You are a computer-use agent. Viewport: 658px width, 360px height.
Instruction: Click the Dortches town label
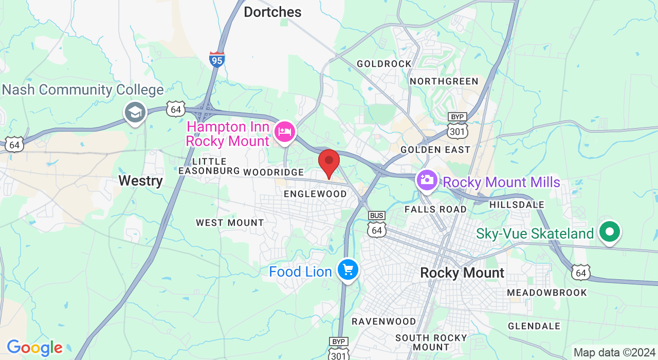tap(272, 12)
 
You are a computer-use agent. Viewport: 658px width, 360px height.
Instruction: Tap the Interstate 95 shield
tap(217, 59)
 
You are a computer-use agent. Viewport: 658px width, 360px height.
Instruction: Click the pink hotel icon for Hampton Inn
tap(284, 132)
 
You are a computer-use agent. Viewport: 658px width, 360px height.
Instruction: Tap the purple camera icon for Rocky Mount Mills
tap(426, 180)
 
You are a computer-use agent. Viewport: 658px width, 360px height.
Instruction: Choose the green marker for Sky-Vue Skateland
tap(610, 232)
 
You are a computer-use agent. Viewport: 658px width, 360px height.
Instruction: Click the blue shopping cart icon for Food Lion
tap(348, 269)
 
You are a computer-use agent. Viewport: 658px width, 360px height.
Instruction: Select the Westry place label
tap(140, 181)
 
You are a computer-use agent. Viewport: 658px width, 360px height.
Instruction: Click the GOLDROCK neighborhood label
tap(384, 64)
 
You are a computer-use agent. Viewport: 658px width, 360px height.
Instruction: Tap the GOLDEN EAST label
tap(435, 150)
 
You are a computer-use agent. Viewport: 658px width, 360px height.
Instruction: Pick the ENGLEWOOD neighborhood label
tap(316, 194)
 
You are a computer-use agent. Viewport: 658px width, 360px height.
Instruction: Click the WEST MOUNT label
tap(230, 223)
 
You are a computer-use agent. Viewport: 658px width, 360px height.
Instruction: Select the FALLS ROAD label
tap(435, 209)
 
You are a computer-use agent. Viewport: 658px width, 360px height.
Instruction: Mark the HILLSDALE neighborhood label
tap(517, 205)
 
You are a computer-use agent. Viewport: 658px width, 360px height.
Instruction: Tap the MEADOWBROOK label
tap(546, 293)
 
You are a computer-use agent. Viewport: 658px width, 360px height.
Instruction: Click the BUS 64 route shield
tap(377, 225)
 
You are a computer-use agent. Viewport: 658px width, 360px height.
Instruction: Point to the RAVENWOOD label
tap(383, 321)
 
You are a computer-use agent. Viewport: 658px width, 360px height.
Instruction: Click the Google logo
tap(34, 348)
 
